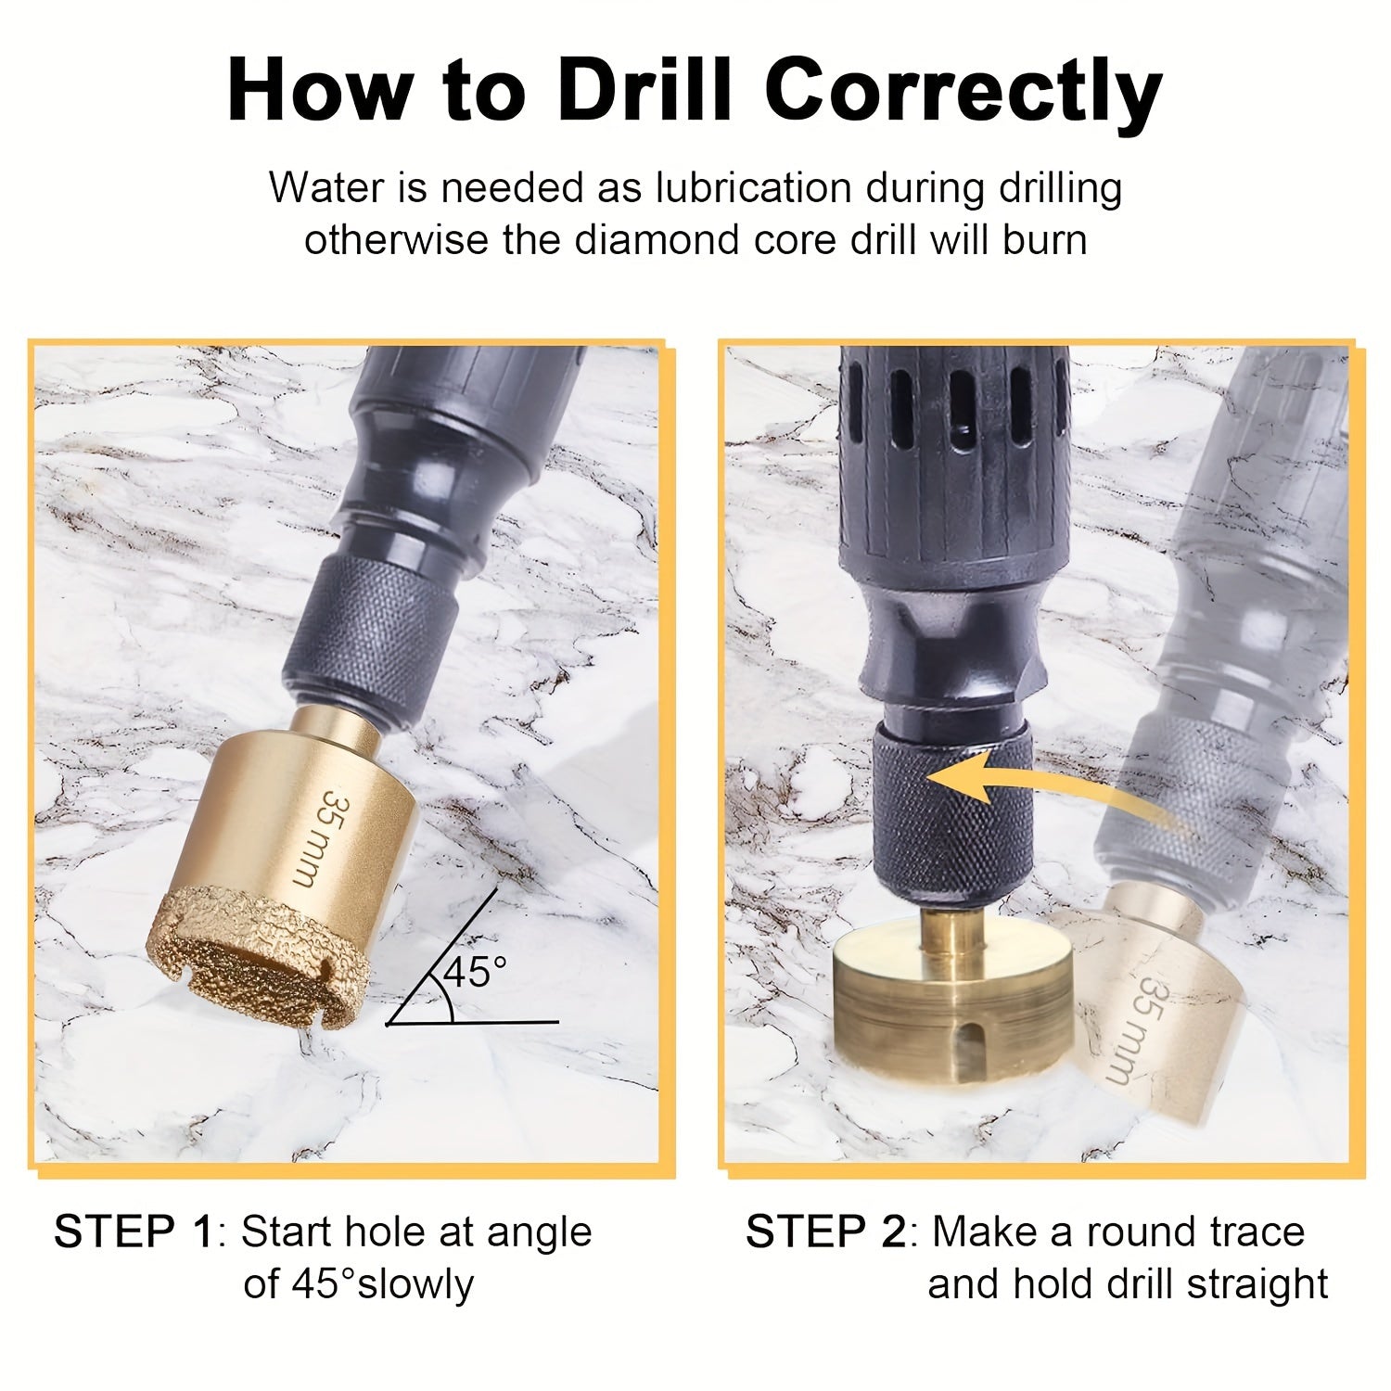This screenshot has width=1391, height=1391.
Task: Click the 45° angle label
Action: click(x=475, y=972)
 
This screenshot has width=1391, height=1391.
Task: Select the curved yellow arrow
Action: click(x=1039, y=788)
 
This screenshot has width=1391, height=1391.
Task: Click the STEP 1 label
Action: click(x=134, y=1232)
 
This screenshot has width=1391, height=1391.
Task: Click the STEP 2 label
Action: click(x=825, y=1232)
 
